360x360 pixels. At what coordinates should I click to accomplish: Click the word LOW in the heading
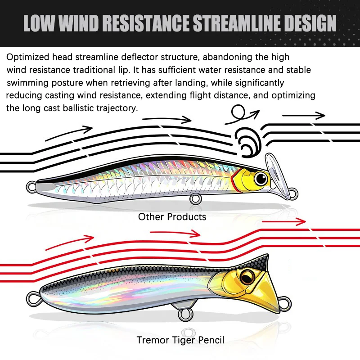[39, 23]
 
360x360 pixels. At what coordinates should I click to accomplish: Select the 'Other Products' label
[172, 217]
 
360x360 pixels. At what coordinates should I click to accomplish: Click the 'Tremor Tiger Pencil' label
[180, 340]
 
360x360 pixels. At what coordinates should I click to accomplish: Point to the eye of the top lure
[261, 178]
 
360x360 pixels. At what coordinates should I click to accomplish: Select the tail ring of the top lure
[31, 187]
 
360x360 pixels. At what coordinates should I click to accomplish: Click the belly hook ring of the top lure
[196, 199]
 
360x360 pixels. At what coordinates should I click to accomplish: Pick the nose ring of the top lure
[293, 193]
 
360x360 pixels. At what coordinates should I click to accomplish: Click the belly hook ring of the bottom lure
[185, 315]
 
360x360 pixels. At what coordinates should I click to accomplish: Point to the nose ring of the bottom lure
[285, 304]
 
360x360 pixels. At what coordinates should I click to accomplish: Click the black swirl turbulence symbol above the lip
[248, 142]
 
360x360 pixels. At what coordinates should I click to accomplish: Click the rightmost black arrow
[303, 116]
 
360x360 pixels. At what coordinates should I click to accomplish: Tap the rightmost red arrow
[284, 221]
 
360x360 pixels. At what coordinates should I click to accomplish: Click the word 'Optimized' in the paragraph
[28, 57]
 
